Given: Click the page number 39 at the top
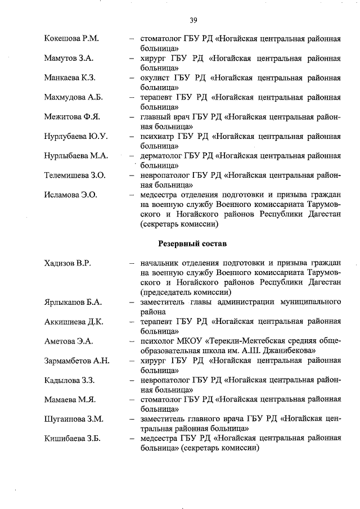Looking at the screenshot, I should click(x=193, y=21).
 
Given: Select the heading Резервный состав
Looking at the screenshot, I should click(x=192, y=244).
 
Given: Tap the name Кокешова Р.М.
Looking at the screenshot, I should click(x=71, y=38).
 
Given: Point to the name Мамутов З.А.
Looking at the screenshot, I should click(x=69, y=58).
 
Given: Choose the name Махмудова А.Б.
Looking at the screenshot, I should click(x=74, y=97).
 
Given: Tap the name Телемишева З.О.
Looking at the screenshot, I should click(x=75, y=175).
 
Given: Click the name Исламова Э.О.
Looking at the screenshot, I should click(x=71, y=195).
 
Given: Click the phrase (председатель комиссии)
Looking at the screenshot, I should click(x=186, y=292).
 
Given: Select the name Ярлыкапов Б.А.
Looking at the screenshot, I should click(x=73, y=302).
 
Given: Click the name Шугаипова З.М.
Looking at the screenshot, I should click(x=73, y=419).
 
